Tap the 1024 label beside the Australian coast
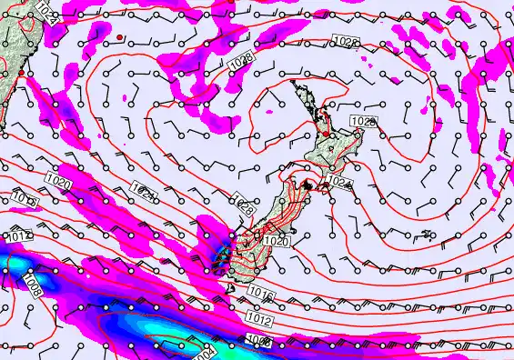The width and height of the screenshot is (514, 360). click(46, 14)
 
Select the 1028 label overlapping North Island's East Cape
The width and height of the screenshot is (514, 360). click(363, 122)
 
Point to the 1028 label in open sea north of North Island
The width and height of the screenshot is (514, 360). click(345, 42)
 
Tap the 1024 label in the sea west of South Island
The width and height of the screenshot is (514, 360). click(142, 192)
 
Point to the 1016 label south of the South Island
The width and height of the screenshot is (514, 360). click(260, 295)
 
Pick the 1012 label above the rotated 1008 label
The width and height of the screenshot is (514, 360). click(19, 237)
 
